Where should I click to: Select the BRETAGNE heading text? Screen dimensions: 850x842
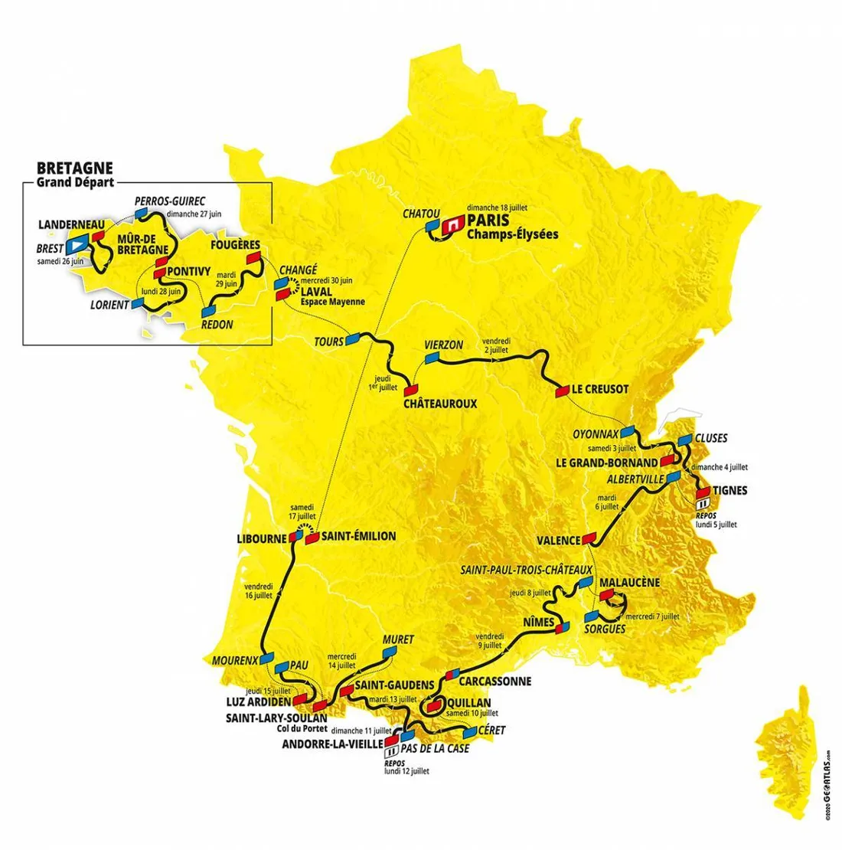[x=75, y=168]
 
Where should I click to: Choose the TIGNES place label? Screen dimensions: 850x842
[x=730, y=490]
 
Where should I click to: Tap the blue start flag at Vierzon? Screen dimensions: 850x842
[x=432, y=358]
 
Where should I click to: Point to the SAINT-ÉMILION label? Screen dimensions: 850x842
[x=357, y=536]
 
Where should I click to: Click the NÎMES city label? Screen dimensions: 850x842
[x=533, y=623]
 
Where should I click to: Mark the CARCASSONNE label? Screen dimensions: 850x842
[x=496, y=681]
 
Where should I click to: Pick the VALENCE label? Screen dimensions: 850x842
[x=559, y=540]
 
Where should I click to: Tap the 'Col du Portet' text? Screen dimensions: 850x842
[x=302, y=729]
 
